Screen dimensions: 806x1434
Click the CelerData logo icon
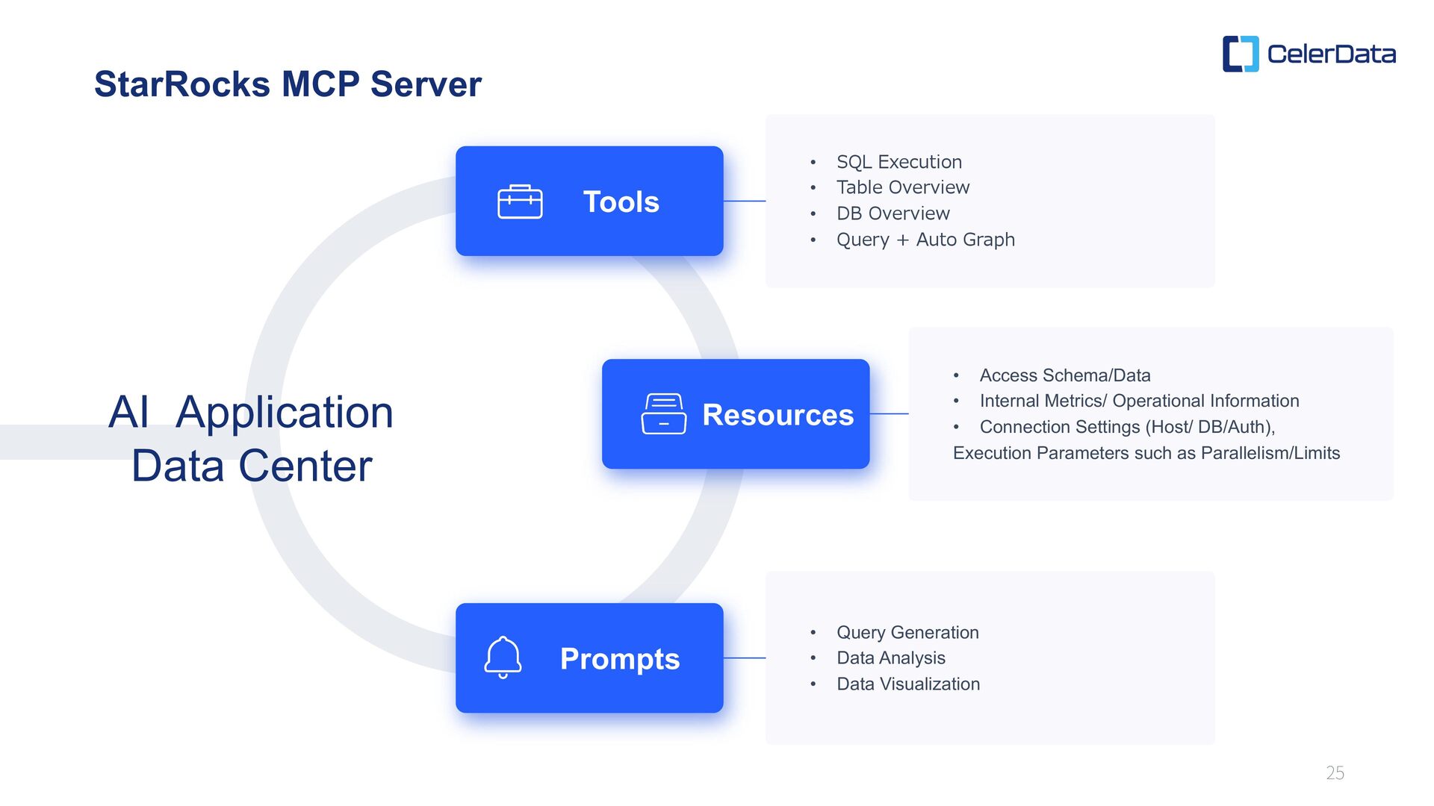point(1240,54)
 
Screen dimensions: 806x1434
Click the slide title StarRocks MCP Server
point(288,84)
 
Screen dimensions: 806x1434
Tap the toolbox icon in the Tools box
point(520,201)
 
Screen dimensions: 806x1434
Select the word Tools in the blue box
point(621,201)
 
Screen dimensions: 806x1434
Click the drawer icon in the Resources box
point(663,413)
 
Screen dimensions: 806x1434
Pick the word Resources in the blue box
point(777,415)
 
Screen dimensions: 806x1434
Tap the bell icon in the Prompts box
point(503,657)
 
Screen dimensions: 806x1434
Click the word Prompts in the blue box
point(619,659)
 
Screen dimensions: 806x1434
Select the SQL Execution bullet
point(898,162)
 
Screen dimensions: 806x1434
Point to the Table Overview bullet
point(902,187)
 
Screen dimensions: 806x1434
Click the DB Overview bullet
point(893,213)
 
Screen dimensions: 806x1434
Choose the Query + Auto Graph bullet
point(925,240)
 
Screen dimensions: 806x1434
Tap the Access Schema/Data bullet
point(1064,375)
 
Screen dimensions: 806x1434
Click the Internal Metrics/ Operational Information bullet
point(1139,401)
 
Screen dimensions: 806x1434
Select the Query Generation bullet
point(907,632)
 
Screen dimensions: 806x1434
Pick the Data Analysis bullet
point(890,657)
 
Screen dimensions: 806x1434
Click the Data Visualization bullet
point(907,684)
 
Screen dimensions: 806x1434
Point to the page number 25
point(1335,773)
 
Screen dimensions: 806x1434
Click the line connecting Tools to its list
point(744,201)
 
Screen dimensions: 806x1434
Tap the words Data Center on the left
point(252,466)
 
